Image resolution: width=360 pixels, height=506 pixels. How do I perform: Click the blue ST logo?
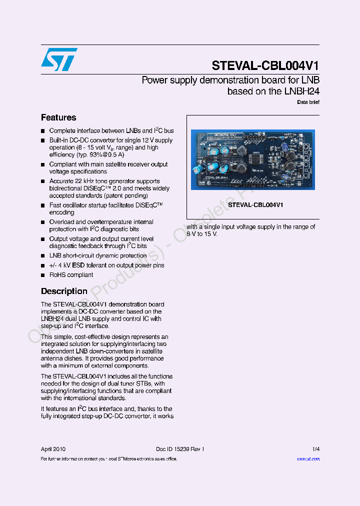click(59, 59)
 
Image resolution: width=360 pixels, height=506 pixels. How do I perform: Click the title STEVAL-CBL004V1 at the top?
click(265, 66)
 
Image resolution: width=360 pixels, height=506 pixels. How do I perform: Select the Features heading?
click(58, 117)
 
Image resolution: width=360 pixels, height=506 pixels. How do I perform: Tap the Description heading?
click(64, 291)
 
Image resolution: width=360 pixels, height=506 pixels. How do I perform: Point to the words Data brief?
click(308, 102)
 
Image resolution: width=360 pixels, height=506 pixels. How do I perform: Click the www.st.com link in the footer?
click(308, 458)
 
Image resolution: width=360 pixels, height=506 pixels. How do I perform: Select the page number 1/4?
click(315, 449)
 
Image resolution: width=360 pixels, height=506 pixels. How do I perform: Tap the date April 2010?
click(53, 449)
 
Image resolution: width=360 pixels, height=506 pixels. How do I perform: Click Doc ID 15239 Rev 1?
click(180, 449)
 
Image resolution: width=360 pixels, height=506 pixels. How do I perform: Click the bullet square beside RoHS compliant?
click(43, 275)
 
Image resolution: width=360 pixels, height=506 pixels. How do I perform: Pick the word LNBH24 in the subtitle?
click(301, 91)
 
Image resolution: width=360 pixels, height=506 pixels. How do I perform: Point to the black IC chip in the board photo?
click(255, 159)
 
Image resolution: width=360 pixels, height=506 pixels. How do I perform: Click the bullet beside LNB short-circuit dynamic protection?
click(43, 256)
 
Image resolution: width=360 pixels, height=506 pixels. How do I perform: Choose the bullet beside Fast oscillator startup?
click(43, 205)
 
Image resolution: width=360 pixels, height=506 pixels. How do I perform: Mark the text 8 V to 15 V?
click(202, 234)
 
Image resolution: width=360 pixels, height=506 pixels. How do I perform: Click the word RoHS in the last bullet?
click(56, 275)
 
